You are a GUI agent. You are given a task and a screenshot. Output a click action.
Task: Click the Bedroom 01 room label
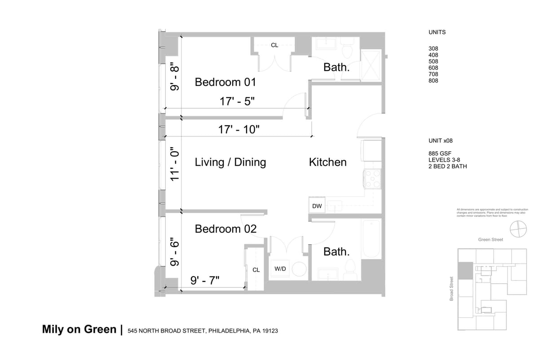tap(225, 82)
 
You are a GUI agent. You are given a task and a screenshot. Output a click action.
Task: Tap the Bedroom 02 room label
tap(225, 229)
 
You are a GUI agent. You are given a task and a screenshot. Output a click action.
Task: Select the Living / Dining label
tap(230, 162)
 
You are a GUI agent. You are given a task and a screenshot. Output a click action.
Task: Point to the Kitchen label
tap(327, 162)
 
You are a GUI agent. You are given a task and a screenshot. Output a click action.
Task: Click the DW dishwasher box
tap(317, 206)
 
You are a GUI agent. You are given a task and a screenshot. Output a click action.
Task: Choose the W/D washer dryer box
tap(280, 269)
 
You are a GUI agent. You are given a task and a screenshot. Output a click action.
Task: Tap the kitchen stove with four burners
tap(372, 178)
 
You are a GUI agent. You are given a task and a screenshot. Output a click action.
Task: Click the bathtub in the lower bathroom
tap(371, 239)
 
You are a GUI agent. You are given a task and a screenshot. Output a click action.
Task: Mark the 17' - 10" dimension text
tap(239, 130)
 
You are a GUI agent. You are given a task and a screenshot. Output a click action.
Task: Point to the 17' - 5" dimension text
tap(237, 101)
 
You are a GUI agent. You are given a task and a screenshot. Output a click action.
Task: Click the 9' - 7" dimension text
tap(205, 281)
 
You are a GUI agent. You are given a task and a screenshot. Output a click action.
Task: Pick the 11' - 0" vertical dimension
tap(175, 164)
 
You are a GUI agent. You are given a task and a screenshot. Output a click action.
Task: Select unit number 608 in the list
tap(433, 68)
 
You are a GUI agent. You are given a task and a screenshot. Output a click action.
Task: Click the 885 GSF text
tap(439, 154)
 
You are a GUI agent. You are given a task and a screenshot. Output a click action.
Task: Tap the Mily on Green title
tap(79, 329)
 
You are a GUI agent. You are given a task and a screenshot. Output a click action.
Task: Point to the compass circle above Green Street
tap(517, 229)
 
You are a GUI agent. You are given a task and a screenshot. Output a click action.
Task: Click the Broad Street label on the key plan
tap(451, 288)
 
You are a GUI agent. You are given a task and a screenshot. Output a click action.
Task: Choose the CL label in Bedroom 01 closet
tap(274, 45)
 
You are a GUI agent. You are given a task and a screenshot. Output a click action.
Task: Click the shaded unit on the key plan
tap(465, 271)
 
